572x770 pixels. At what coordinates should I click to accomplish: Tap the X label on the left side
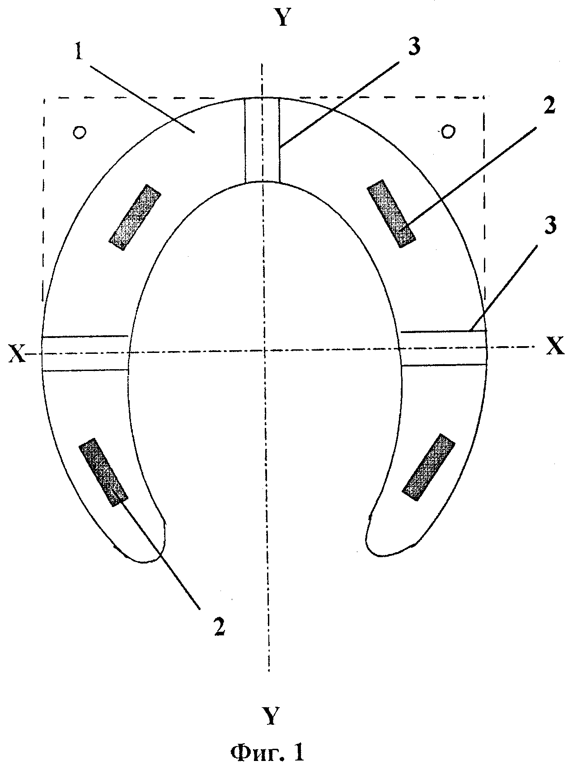(17, 355)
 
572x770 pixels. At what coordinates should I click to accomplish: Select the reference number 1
(79, 54)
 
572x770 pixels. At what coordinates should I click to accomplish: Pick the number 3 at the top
(415, 47)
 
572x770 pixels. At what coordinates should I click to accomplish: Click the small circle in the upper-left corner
(80, 132)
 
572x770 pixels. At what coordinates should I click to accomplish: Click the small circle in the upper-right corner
(448, 131)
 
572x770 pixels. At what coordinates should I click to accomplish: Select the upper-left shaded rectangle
(135, 217)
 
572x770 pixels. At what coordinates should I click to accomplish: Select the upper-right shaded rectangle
(391, 214)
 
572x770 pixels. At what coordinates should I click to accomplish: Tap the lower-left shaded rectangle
(103, 472)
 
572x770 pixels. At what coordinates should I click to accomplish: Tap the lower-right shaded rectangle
(428, 467)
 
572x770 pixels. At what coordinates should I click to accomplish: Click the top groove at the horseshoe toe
(262, 140)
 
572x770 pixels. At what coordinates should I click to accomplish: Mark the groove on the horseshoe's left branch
(85, 353)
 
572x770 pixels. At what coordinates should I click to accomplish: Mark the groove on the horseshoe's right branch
(444, 347)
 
